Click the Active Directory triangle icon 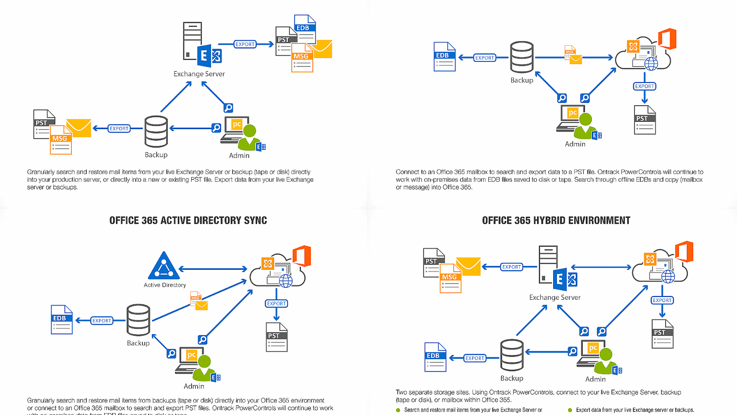[x=164, y=266]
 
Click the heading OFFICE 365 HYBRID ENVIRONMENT [x=556, y=220]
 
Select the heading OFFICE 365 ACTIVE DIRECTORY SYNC [x=188, y=220]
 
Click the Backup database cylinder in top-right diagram [x=521, y=57]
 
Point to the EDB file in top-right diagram [x=445, y=57]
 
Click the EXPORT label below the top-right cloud [x=644, y=86]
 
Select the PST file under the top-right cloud [x=644, y=120]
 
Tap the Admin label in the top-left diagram [x=239, y=156]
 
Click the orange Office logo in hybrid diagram [x=684, y=252]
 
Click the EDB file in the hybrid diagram [x=435, y=357]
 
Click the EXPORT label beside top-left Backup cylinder [x=119, y=129]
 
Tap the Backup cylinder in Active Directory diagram [x=138, y=320]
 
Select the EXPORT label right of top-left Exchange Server [x=245, y=44]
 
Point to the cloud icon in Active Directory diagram [x=278, y=272]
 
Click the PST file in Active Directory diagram [x=276, y=337]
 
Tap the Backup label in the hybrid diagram [x=512, y=378]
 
